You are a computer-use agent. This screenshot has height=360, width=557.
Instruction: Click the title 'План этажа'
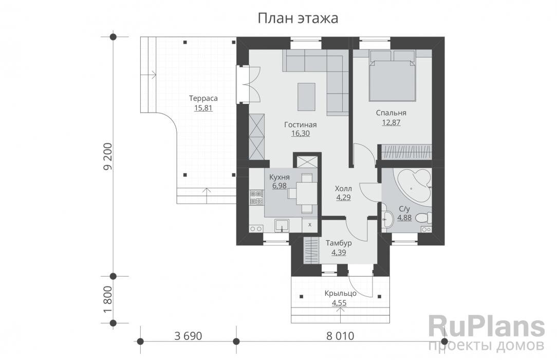tap(298, 18)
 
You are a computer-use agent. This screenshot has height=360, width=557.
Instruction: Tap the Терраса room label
tap(203, 98)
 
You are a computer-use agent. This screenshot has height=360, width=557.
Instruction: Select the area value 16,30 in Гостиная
tap(301, 134)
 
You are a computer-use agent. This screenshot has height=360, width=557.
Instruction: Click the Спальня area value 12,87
tap(391, 122)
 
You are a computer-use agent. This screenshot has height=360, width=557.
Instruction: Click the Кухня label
tap(279, 177)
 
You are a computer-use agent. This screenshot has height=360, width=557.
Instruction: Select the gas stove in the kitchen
tap(257, 198)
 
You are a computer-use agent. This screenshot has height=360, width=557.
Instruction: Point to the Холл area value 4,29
tap(343, 197)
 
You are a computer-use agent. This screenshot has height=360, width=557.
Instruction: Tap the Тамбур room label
tap(339, 243)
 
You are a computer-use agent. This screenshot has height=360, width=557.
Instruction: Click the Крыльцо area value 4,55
tap(339, 303)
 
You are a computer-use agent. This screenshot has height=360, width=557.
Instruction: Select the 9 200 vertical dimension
tap(107, 156)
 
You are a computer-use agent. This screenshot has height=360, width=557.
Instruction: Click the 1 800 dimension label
tap(107, 299)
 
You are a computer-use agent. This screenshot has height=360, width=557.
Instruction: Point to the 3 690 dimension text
tap(188, 336)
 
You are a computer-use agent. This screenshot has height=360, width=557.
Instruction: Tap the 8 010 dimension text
tap(340, 336)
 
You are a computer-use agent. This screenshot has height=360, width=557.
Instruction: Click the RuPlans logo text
tap(486, 327)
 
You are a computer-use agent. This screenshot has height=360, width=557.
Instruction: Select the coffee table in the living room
tap(307, 97)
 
